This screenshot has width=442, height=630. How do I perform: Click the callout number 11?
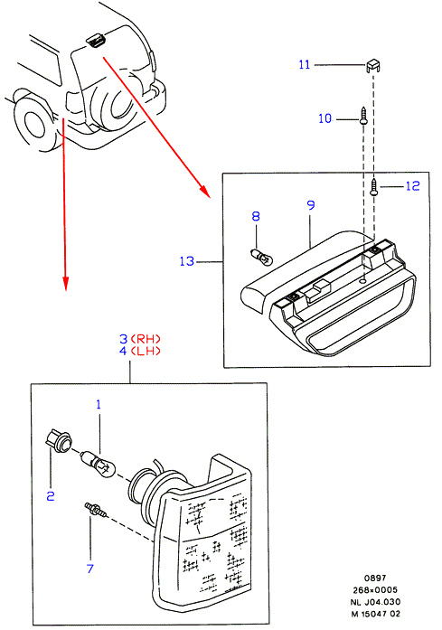(305, 64)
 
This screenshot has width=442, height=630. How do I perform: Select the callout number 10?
(325, 118)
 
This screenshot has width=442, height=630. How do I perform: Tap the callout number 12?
(413, 186)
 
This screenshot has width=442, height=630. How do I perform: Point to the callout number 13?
(187, 261)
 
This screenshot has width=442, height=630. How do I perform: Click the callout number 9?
(311, 205)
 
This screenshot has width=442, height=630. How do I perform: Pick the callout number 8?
(256, 216)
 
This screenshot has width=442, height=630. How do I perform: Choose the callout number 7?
(90, 569)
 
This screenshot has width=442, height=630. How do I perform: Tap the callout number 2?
(51, 496)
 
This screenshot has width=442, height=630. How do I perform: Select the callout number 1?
(99, 404)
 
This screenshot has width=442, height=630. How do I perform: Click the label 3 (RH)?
(140, 339)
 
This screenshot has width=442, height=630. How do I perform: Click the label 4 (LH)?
(140, 352)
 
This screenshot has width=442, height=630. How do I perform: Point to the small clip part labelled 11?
(373, 65)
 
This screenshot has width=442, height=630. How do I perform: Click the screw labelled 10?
(363, 116)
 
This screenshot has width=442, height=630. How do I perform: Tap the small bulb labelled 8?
(261, 258)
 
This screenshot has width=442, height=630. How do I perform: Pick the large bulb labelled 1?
(99, 465)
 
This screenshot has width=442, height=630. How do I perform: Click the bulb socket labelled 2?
(58, 441)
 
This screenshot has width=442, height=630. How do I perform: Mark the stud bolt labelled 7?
(96, 510)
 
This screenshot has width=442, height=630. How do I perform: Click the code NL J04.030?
(376, 602)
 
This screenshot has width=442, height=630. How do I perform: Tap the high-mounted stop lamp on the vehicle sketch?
(95, 41)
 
